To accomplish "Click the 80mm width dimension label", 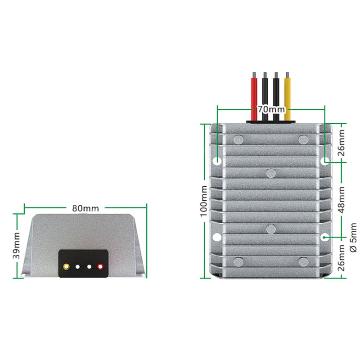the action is coord(85,208).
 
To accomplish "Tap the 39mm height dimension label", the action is coord(16,245).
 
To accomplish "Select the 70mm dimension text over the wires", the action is coord(271,109).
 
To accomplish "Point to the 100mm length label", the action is coord(204,201).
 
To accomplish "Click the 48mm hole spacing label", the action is coord(342,200).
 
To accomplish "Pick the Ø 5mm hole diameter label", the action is coord(353,238).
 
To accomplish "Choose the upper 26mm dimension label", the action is coord(342,143).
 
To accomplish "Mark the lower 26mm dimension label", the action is coord(342,257).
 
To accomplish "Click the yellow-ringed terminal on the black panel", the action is coord(66,267).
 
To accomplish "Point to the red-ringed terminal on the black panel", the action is coord(100,267).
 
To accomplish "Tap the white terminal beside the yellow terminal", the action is coord(77,267).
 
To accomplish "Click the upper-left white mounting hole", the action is coord(217,161).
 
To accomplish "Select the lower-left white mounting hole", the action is coord(217,237).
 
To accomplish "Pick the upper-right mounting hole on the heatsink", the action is coord(325,161).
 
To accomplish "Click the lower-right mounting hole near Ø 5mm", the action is coord(325,237).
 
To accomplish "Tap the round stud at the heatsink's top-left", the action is coord(238,140).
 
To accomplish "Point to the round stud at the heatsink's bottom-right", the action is coord(303,262).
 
